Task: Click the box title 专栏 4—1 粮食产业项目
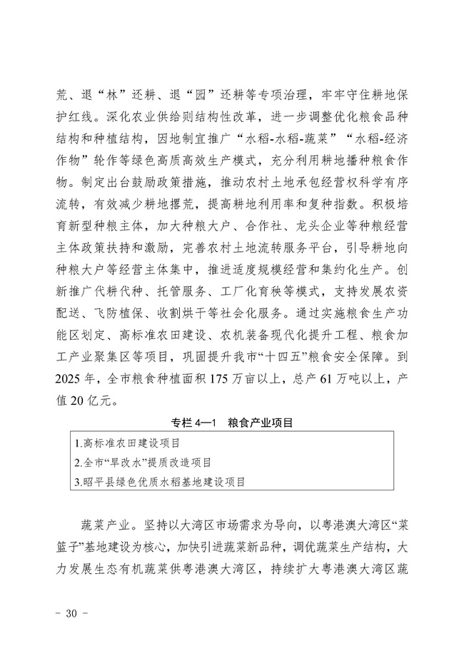click(x=232, y=423)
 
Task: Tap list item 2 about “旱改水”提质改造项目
click(x=148, y=463)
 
